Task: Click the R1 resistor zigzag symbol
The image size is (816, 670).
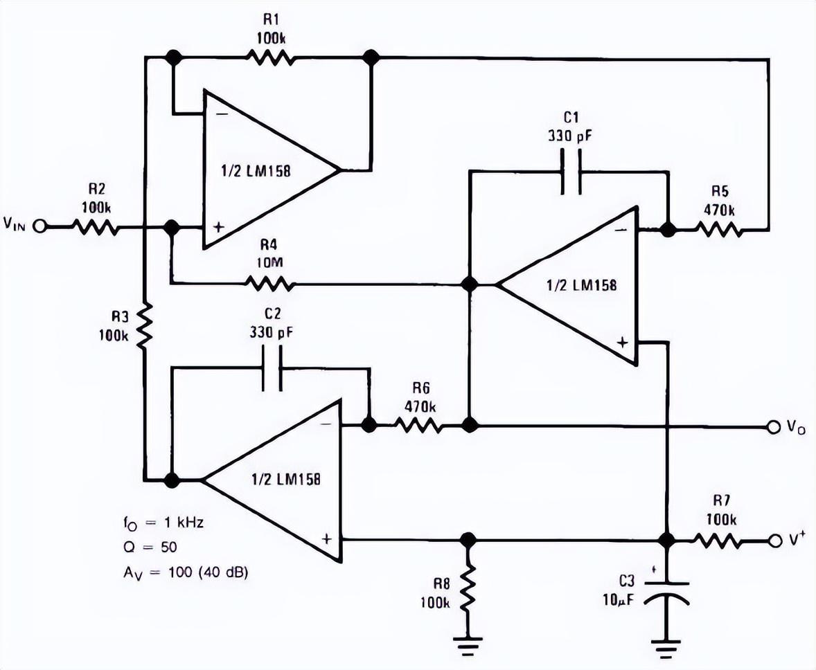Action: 270,57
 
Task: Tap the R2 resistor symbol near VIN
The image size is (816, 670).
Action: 95,227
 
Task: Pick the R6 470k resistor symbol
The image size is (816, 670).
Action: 420,425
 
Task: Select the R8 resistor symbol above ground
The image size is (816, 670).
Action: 469,586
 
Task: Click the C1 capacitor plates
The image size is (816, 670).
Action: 571,172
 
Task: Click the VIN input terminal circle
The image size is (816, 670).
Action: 39,226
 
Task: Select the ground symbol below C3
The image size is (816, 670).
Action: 666,644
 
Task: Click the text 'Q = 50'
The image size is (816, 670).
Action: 150,547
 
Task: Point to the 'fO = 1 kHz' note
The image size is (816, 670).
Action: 163,523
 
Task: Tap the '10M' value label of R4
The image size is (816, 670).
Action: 269,262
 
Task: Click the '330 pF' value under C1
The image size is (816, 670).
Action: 570,136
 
